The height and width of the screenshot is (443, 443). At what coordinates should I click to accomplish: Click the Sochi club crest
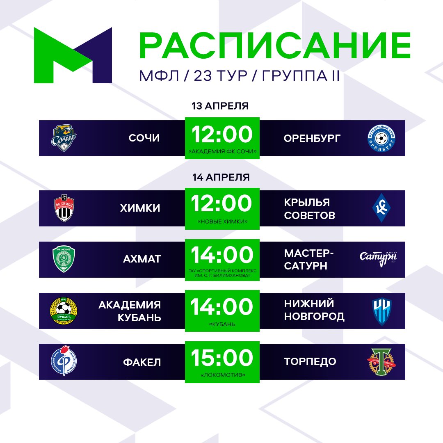coord(64,138)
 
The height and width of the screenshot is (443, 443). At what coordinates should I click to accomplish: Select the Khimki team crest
coord(64,208)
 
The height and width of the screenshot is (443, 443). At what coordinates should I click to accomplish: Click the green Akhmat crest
coord(64,259)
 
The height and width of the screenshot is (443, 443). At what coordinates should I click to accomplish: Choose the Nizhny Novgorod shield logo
coord(381,311)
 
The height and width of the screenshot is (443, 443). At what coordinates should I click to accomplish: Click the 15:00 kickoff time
coord(222,358)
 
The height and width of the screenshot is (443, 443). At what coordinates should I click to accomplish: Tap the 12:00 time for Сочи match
coord(222,135)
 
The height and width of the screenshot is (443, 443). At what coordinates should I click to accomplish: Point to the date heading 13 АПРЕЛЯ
coord(221,106)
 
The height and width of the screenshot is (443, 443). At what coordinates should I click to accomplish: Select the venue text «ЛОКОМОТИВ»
coord(222,374)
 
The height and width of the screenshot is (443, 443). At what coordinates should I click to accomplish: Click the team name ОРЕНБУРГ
coord(312,138)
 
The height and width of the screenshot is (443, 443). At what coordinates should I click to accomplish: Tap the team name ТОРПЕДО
coord(310,361)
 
